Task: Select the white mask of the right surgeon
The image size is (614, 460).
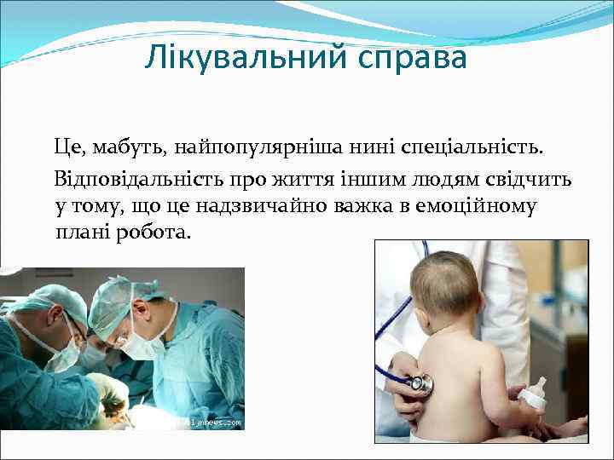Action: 142,344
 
